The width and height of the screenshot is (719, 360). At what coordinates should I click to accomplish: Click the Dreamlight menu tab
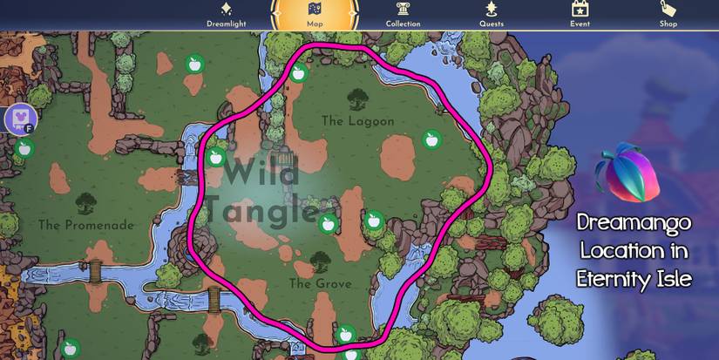[227, 16]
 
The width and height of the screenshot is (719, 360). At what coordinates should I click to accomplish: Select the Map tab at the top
[315, 16]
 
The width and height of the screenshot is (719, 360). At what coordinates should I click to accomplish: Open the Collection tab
[403, 16]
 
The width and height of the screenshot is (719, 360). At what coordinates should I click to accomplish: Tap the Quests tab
[492, 16]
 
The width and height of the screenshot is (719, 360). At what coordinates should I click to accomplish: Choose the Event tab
[580, 16]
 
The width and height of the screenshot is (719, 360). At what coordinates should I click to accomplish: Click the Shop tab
[668, 16]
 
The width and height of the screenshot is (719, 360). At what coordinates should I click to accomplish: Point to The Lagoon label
[357, 121]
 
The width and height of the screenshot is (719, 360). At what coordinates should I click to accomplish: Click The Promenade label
[86, 225]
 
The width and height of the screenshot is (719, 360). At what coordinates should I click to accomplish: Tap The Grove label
[320, 284]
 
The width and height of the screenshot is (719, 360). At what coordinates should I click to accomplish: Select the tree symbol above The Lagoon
[356, 99]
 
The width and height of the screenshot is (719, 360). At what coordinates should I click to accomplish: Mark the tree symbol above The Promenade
[85, 204]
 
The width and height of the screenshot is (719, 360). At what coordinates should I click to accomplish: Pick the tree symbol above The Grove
[320, 262]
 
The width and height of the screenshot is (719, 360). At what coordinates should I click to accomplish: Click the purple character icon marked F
[19, 117]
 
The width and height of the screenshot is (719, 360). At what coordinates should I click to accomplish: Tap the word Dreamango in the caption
[634, 223]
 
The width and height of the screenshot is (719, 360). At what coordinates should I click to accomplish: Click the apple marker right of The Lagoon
[431, 139]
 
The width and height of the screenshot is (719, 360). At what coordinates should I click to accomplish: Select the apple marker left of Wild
[215, 158]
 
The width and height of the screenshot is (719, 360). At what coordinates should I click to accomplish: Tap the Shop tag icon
[668, 9]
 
